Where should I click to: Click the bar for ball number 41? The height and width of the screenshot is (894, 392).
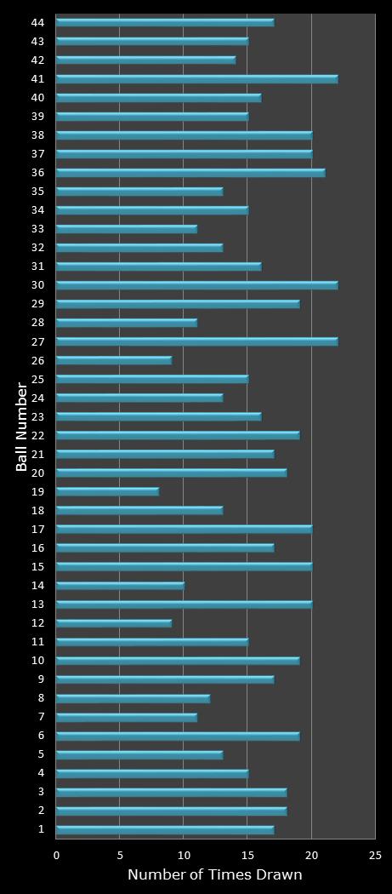(196, 79)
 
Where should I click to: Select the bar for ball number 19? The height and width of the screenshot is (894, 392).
(107, 491)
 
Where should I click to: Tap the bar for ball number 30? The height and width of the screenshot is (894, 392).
(196, 285)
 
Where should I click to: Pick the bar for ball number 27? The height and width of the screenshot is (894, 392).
(196, 341)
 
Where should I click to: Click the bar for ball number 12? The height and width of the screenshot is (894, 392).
(114, 622)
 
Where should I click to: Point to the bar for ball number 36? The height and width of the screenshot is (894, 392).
(190, 173)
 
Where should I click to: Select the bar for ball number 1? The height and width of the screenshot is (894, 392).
(165, 828)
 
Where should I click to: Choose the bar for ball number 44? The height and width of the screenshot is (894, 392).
(165, 22)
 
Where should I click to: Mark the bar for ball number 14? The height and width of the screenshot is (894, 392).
(120, 585)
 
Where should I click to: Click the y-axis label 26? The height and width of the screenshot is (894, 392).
(37, 360)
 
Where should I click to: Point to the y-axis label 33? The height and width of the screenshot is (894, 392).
(37, 229)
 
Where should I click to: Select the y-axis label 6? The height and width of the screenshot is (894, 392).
(41, 735)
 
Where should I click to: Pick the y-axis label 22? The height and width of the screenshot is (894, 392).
(37, 435)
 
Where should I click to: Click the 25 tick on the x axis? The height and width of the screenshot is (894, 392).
(375, 855)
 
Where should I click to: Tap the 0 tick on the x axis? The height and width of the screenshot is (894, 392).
(56, 855)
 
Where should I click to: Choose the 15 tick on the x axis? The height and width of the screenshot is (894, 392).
(247, 855)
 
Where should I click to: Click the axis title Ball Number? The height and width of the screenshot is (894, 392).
(21, 427)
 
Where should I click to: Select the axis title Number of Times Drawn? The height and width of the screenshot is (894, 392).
(214, 874)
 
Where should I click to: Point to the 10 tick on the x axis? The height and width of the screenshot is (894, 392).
(184, 855)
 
